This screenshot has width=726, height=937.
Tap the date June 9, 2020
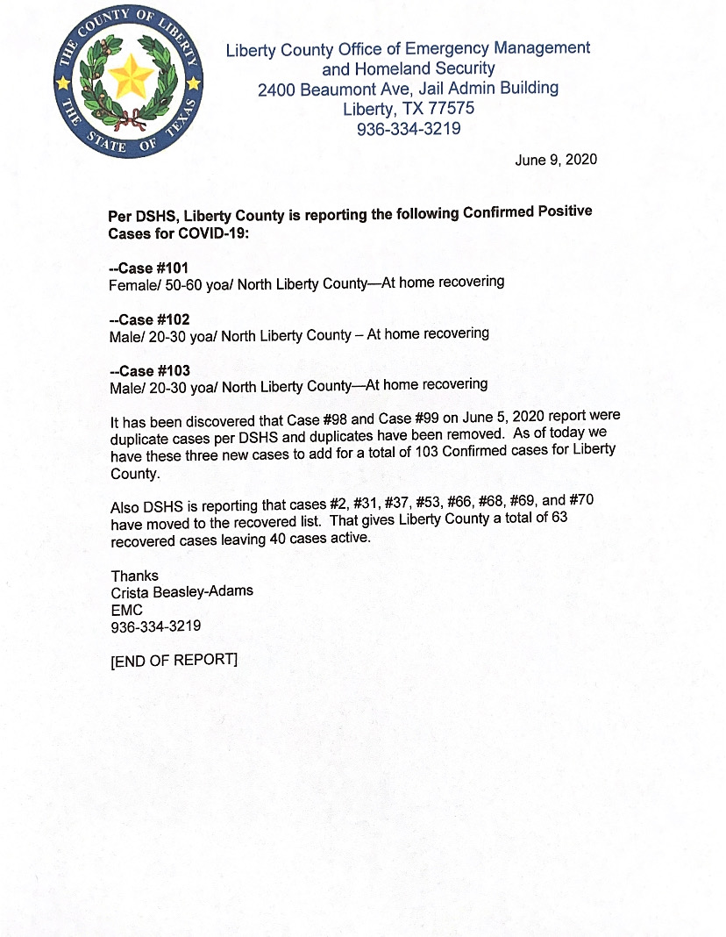tap(556, 160)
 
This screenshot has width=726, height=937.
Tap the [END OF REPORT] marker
tap(174, 660)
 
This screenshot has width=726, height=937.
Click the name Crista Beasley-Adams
tap(181, 591)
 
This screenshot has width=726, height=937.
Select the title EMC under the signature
tap(126, 609)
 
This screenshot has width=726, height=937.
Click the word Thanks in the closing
tap(134, 576)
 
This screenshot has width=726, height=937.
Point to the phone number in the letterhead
tap(408, 129)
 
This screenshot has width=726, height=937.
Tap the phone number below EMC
tap(155, 626)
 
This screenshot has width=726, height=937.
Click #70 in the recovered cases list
tap(587, 501)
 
